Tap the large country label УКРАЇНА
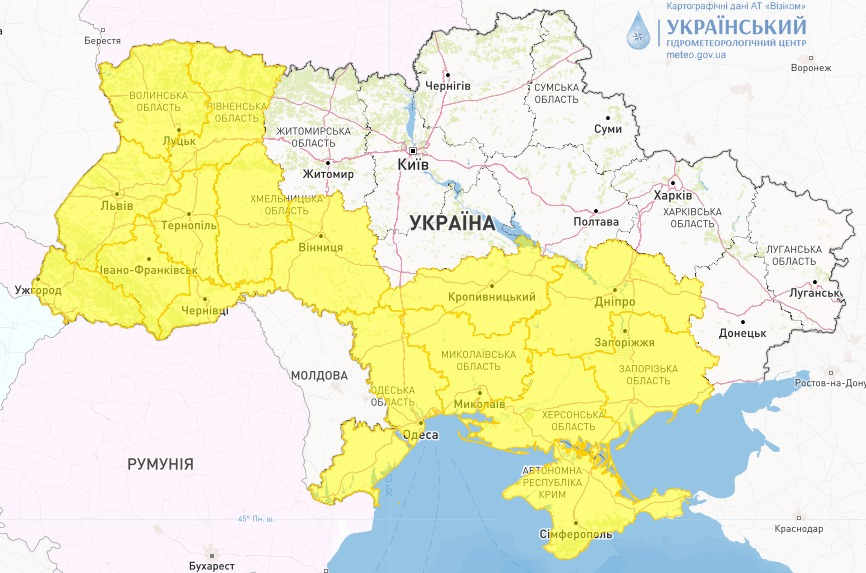coord(452,223)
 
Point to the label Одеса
coord(420,435)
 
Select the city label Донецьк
coord(741,332)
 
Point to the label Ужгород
coord(38,291)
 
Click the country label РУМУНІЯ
coord(160,464)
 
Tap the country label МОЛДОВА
coord(319,375)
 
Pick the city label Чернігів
coord(448,87)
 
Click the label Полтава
coord(596,222)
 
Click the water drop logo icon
coord(637,31)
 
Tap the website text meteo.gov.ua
coord(696,55)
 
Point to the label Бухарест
coord(210,566)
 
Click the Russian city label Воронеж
coord(810,68)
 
